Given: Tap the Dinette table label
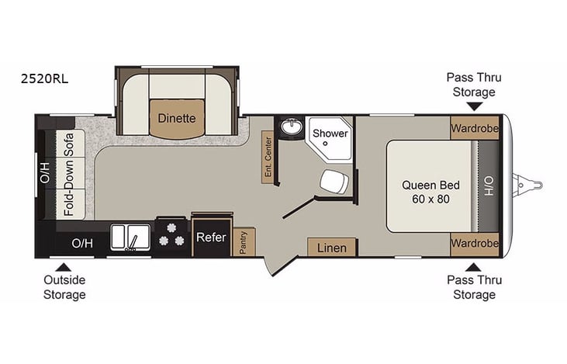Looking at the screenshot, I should [177, 119].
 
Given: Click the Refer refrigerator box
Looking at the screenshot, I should [210, 237].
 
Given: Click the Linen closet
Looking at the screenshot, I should [332, 248].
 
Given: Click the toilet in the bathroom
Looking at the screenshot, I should [334, 182].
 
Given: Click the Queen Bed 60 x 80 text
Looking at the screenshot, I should [430, 192].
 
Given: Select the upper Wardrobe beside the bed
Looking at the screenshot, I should [474, 128].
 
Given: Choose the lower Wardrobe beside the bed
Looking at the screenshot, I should [474, 244].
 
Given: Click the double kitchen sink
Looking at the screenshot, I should [130, 237].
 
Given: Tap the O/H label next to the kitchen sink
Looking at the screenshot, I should [82, 243].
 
